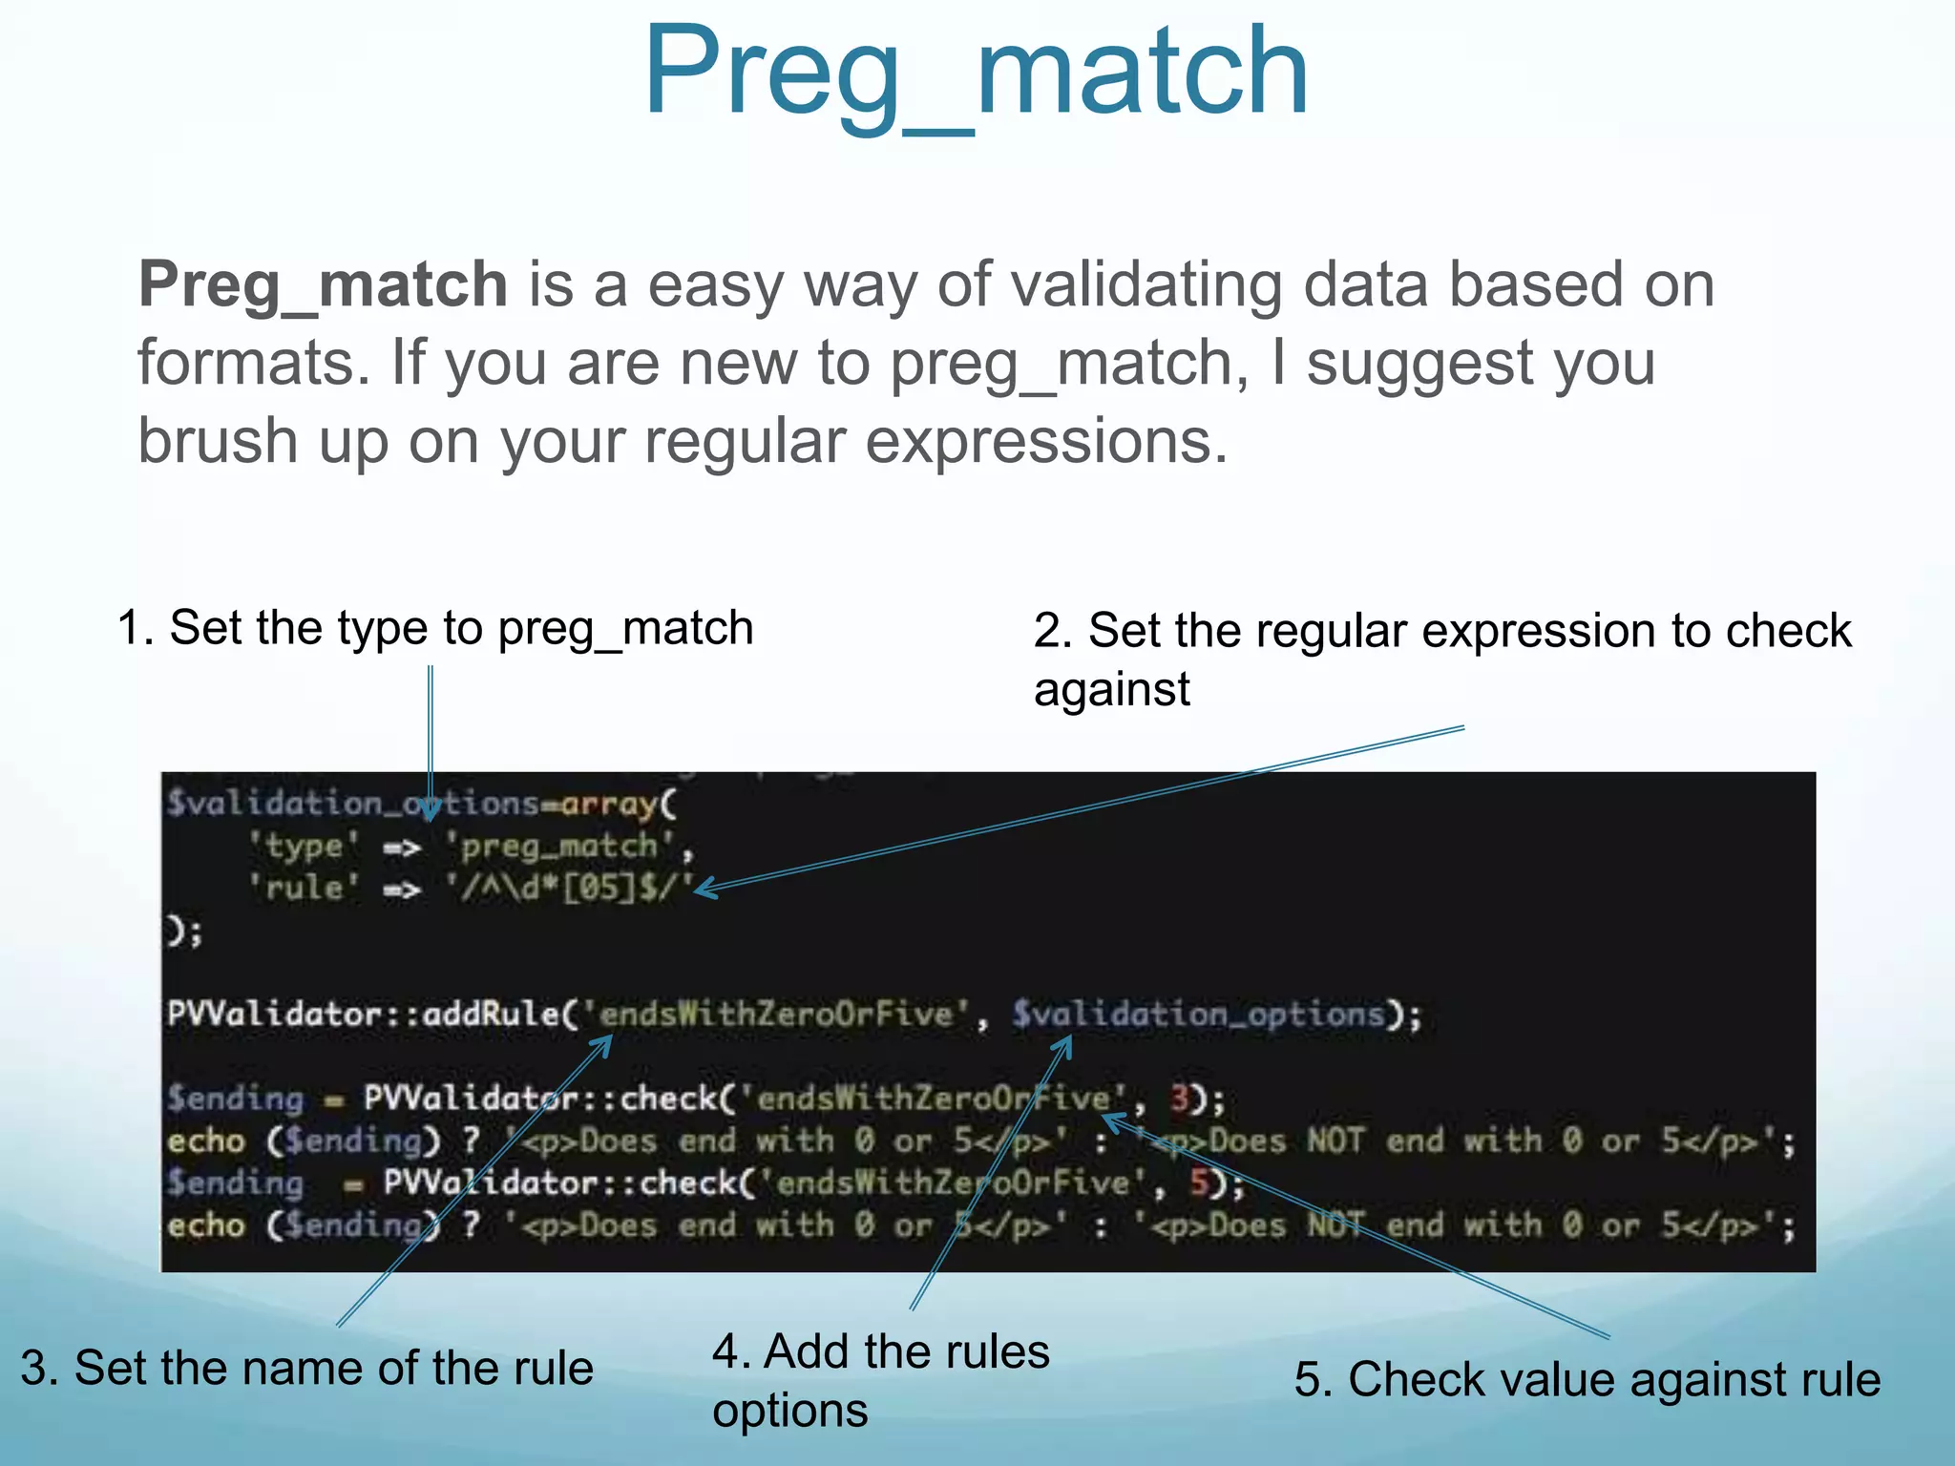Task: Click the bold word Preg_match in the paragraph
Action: [x=323, y=284]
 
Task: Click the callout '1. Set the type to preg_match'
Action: [x=435, y=628]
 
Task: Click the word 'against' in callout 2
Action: [x=1111, y=689]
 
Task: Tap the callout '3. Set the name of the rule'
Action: [x=306, y=1368]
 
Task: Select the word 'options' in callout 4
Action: [x=789, y=1411]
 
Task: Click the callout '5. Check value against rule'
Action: [x=1587, y=1380]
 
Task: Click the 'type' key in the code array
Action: [x=304, y=847]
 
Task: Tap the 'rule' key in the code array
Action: [x=304, y=889]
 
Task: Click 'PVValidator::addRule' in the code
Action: [x=363, y=1014]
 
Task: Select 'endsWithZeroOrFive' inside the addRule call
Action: [x=777, y=1014]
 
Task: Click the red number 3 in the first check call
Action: [x=1180, y=1099]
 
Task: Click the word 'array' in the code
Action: [x=608, y=805]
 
